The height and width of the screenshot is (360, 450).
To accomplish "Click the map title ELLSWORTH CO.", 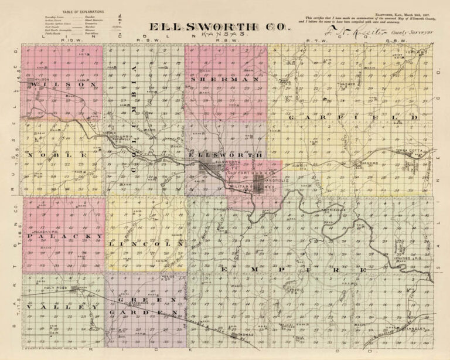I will tap(221, 28).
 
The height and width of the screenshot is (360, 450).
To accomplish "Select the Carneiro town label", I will tap(369, 162).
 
